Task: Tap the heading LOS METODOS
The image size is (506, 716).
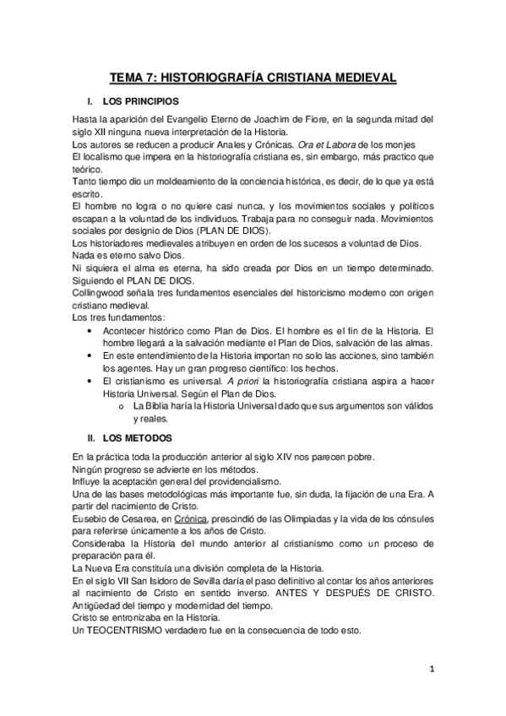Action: (137, 438)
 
